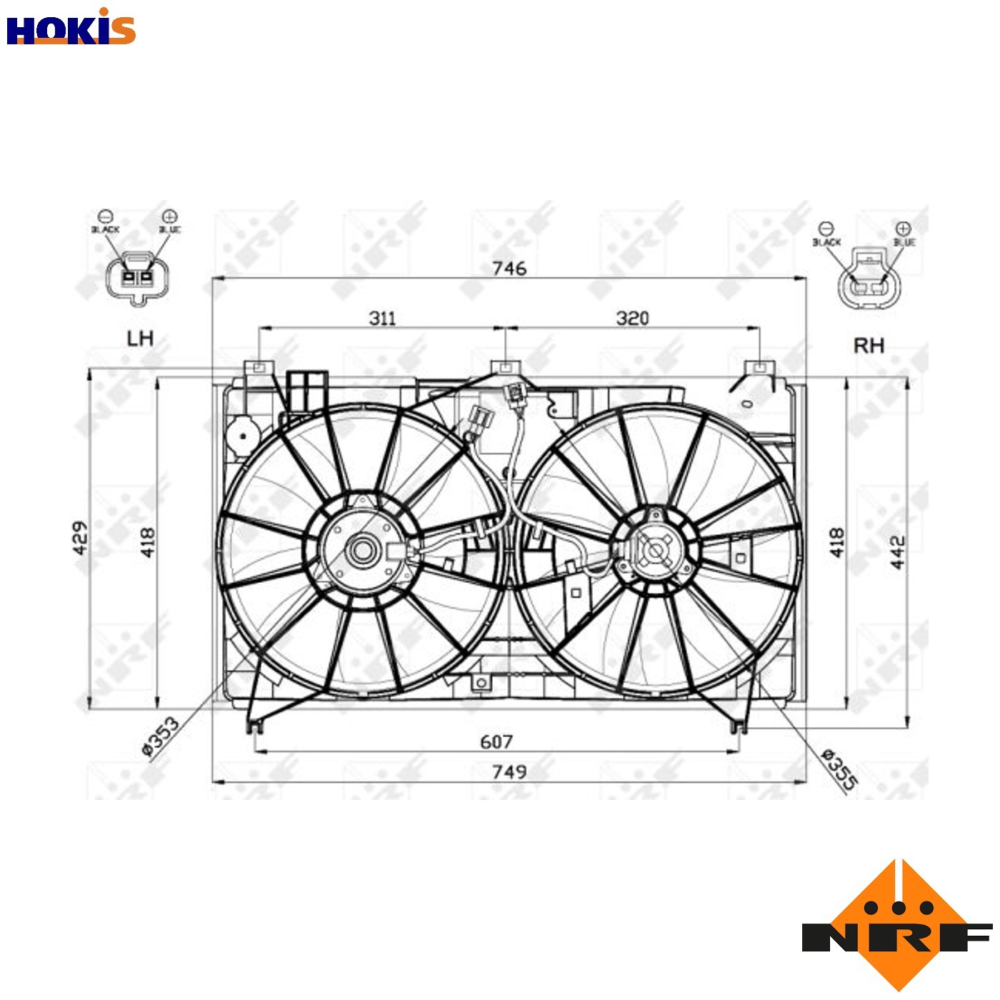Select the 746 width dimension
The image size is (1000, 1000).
pyautogui.click(x=509, y=269)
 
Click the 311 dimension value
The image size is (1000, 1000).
pyautogui.click(x=382, y=318)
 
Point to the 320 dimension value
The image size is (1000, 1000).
pyautogui.click(x=632, y=318)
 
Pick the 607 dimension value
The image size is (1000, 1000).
pyautogui.click(x=496, y=742)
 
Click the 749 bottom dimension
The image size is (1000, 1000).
pyautogui.click(x=509, y=772)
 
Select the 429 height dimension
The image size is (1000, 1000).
pyautogui.click(x=80, y=537)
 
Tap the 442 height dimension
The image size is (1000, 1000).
pyautogui.click(x=897, y=551)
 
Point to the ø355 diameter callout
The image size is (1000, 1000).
pyautogui.click(x=839, y=769)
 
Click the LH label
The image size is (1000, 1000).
pyautogui.click(x=140, y=338)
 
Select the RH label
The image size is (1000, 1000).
pyautogui.click(x=869, y=346)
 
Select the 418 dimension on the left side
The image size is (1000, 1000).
pyautogui.click(x=147, y=542)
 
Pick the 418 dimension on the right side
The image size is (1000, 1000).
pyautogui.click(x=836, y=542)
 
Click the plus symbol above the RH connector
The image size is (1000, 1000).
pyautogui.click(x=903, y=229)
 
